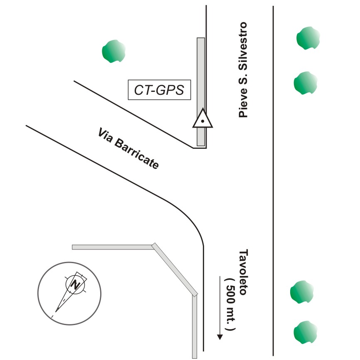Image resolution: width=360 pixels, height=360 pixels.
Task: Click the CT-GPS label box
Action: [159, 90]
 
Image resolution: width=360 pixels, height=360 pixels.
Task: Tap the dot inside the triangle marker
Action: [202, 121]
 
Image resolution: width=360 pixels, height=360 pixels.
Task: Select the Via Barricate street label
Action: [128, 149]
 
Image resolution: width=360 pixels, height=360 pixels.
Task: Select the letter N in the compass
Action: [75, 285]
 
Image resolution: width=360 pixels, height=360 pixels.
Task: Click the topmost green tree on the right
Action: [308, 38]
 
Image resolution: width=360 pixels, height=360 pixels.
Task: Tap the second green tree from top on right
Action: [306, 82]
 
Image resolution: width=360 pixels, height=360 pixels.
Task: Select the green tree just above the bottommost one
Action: [301, 292]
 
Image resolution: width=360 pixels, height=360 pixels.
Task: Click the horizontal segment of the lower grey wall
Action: [112, 247]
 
